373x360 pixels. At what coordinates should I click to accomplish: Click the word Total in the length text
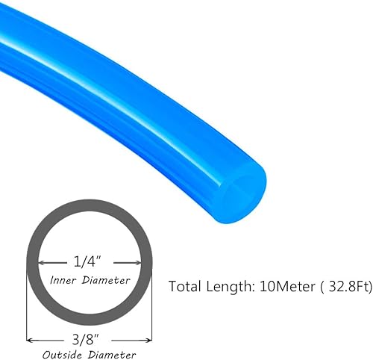coord(186,286)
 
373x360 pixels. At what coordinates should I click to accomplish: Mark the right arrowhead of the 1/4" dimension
coord(138,262)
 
